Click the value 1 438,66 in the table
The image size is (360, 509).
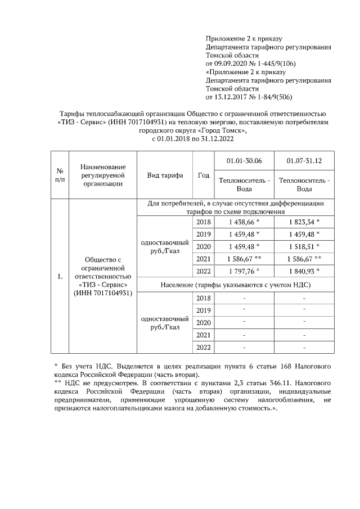click(242, 222)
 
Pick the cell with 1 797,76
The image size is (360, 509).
click(242, 271)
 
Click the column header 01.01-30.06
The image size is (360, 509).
click(243, 161)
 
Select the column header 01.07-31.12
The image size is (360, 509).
click(304, 161)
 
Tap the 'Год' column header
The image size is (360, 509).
click(204, 175)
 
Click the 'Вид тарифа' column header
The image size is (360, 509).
click(165, 175)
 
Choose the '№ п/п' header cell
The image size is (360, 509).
click(60, 175)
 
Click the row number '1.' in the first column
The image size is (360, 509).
click(60, 277)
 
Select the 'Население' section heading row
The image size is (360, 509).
click(235, 285)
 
